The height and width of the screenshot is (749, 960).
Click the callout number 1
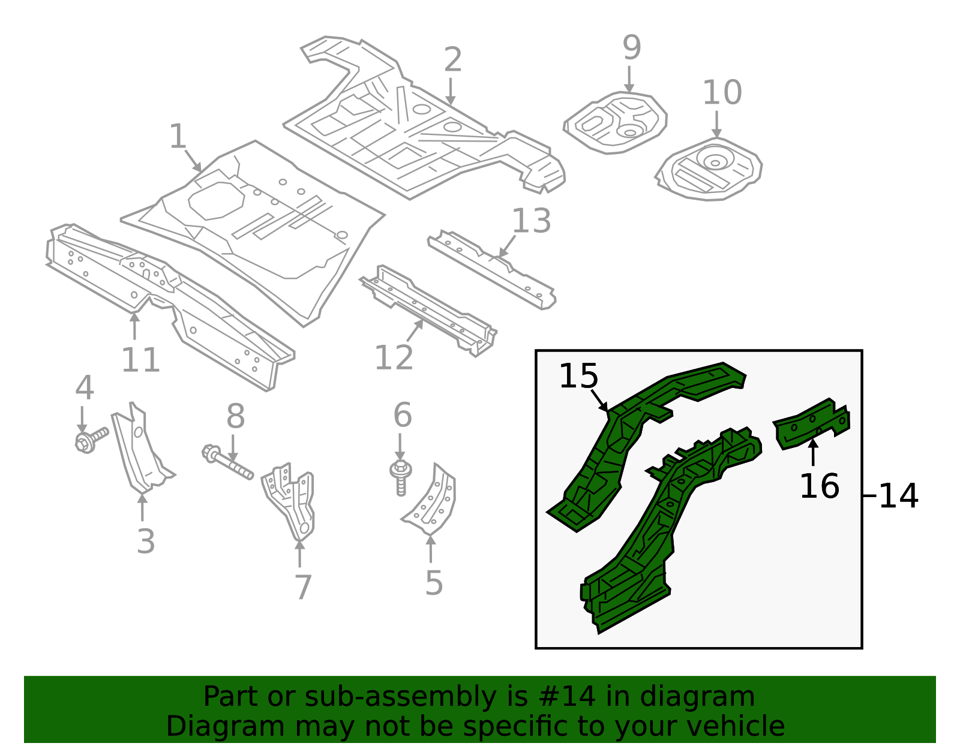tap(178, 137)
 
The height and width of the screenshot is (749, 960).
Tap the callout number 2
tap(453, 60)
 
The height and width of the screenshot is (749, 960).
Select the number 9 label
tap(631, 47)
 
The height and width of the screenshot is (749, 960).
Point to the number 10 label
tap(722, 93)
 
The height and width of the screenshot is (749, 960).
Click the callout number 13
tap(531, 221)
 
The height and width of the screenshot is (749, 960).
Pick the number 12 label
tap(394, 358)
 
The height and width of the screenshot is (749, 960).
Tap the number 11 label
tap(140, 360)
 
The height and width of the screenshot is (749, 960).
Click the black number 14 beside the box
tap(898, 497)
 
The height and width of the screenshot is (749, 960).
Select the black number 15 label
tap(578, 377)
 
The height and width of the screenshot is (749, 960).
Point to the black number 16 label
tap(819, 486)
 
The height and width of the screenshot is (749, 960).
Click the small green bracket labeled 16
tap(811, 423)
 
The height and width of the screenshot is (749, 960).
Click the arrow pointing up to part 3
tap(142, 507)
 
